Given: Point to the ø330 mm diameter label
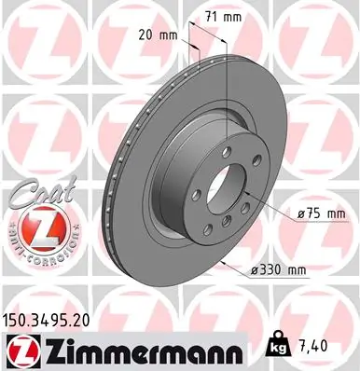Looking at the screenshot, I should [278, 269].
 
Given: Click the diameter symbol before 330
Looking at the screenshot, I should [255, 269].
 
